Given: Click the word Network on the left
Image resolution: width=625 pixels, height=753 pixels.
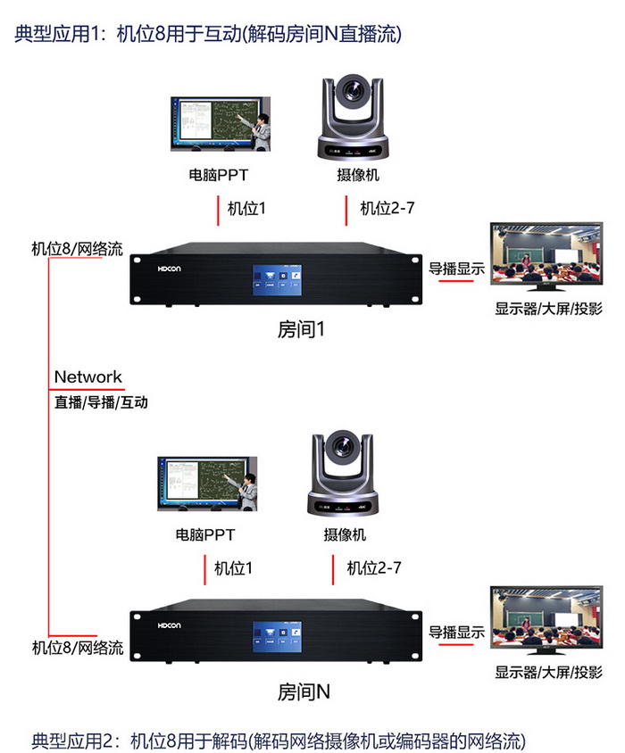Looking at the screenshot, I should [x=87, y=376].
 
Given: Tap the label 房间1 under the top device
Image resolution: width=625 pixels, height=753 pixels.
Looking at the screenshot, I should [x=301, y=329].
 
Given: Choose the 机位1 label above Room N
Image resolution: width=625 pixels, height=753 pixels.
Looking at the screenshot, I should [x=234, y=567].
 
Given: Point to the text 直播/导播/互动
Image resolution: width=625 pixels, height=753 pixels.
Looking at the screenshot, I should [x=101, y=402].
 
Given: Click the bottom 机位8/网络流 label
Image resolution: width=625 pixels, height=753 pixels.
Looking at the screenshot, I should [x=78, y=647].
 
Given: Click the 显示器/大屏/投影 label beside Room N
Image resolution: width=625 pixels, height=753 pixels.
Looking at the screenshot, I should [x=548, y=672].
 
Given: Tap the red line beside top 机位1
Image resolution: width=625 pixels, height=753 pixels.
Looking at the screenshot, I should [x=217, y=211].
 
